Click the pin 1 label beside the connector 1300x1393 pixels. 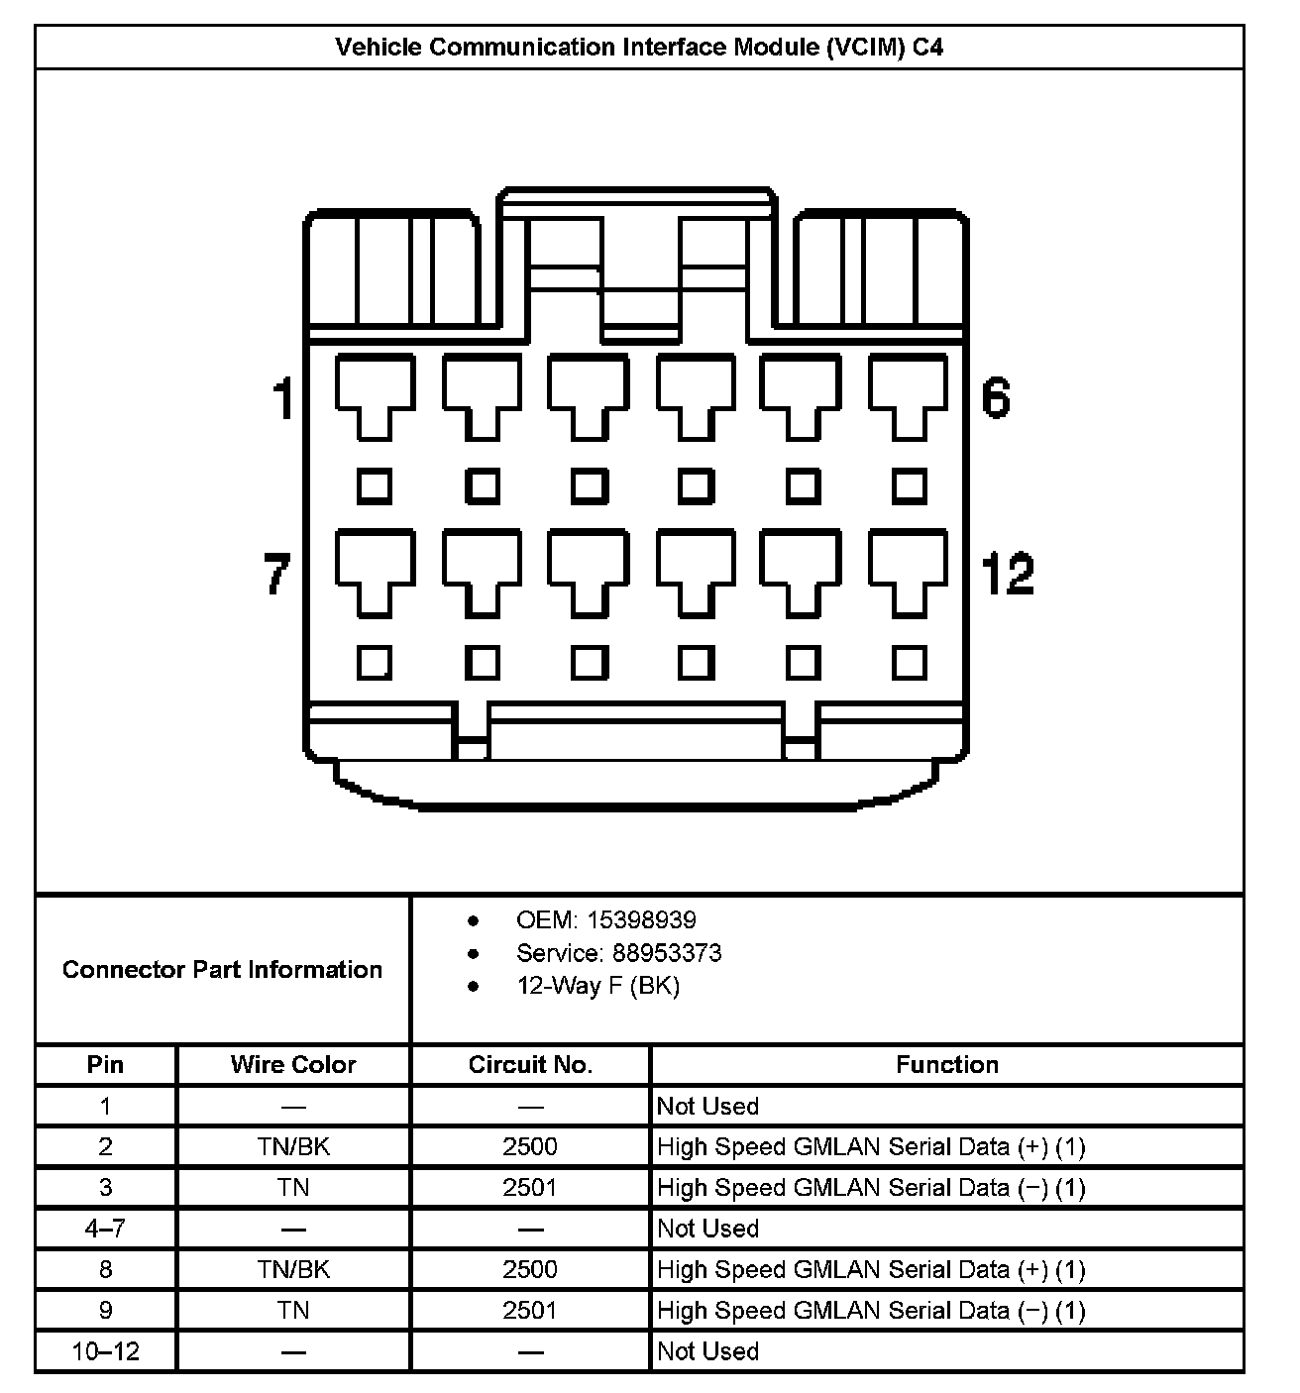[x=283, y=399]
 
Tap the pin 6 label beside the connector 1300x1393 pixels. [x=995, y=397]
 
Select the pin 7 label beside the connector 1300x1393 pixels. [x=277, y=575]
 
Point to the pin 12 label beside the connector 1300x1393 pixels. [x=1007, y=575]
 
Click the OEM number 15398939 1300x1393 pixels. [x=641, y=920]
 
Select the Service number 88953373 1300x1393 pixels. [x=667, y=953]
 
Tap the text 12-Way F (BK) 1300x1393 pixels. [x=597, y=986]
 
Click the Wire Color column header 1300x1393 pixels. [x=292, y=1065]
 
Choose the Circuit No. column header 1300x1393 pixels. [x=530, y=1065]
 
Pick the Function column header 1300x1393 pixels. [x=946, y=1065]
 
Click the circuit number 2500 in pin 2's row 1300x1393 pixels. [x=530, y=1147]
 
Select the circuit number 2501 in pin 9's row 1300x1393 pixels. [x=530, y=1311]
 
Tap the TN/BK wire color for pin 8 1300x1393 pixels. [x=293, y=1270]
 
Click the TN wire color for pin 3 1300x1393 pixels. [x=293, y=1188]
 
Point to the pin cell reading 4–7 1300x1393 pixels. [x=105, y=1230]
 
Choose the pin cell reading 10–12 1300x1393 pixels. [x=105, y=1351]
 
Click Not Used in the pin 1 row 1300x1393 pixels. [x=707, y=1107]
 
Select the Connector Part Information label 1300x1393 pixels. [x=222, y=970]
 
